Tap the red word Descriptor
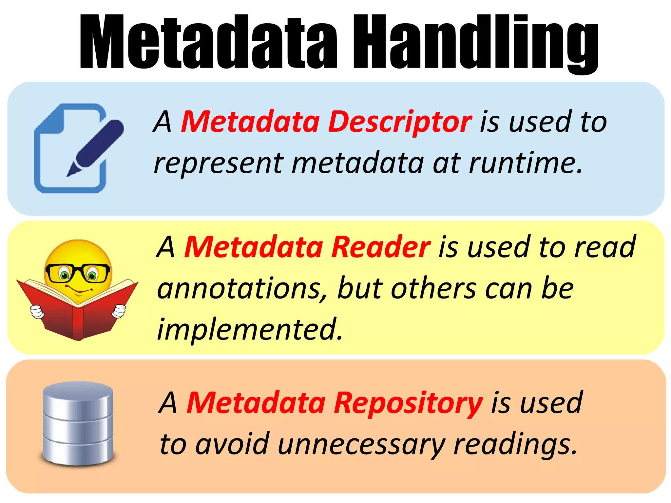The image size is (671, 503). point(400,122)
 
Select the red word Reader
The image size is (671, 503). point(381,247)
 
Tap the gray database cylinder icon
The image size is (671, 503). point(78,423)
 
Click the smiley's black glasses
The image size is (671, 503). point(78,273)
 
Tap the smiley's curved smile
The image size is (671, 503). point(79,290)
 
